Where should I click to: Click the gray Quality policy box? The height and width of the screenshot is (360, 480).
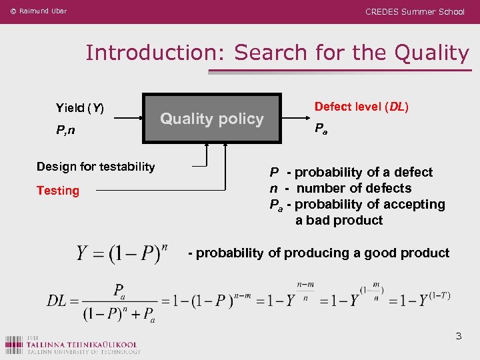coord(213,118)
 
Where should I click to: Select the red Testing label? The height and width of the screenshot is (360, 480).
coord(58,191)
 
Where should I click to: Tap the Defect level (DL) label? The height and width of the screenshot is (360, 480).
coord(361,107)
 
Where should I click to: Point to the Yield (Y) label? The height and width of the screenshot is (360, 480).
coord(79,108)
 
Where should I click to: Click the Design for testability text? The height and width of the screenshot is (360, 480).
coord(95,167)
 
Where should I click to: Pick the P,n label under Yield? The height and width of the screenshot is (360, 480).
coord(65,131)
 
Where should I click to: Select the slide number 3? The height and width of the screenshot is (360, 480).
coord(458,336)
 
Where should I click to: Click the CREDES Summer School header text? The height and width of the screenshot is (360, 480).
coord(415,11)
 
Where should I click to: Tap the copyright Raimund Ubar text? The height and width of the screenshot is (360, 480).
coord(39,11)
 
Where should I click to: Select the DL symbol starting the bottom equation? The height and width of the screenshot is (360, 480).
coord(57,301)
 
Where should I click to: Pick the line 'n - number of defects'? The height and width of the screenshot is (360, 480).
coord(341,188)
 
